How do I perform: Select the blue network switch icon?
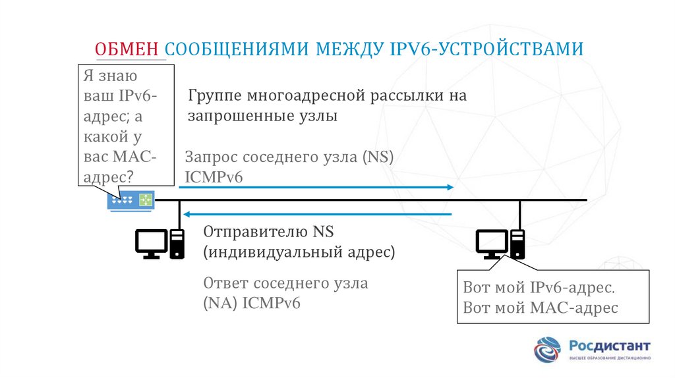point(131,199)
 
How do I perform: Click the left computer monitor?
point(151,243)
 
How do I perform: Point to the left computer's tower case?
point(177,244)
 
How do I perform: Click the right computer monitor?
point(492,243)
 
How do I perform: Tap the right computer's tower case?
point(517,244)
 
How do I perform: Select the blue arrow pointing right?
point(316,188)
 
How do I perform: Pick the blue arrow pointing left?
point(316,214)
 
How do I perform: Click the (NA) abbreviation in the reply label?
point(221,304)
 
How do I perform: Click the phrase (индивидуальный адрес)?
point(299,252)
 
